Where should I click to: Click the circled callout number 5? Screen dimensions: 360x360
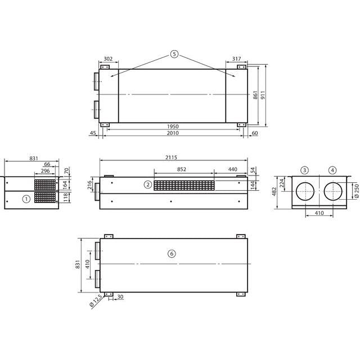174,54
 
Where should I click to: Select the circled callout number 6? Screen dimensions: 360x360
172,254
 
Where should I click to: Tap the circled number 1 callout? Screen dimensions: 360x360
26,199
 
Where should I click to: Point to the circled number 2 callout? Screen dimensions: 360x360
148,184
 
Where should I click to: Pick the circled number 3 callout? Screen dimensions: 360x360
305,170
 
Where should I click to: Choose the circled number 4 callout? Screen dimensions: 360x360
332,170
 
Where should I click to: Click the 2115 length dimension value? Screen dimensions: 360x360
171,157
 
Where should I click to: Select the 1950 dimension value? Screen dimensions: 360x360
173,127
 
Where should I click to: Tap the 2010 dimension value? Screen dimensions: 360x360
173,133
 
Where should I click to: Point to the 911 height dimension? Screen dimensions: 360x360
263,95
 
